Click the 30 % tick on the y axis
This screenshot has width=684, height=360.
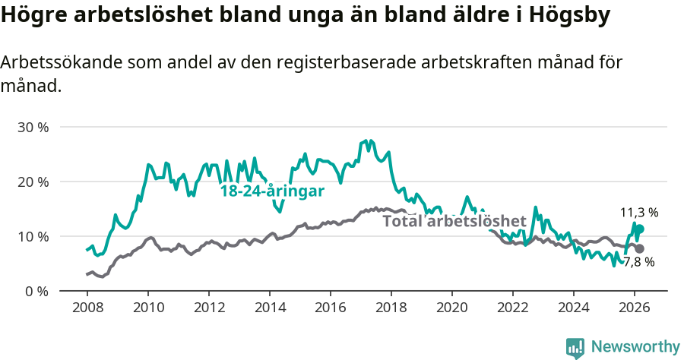[x=33, y=127]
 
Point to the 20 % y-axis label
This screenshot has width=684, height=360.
[x=33, y=182]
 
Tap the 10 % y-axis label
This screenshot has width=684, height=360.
[x=33, y=236]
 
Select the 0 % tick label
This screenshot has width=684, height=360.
[x=36, y=291]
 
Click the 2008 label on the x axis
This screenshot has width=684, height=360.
[x=87, y=307]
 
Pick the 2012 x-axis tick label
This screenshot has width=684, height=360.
[x=208, y=307]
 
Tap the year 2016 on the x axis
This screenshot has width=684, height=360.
[x=330, y=307]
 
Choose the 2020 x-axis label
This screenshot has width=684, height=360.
[x=451, y=307]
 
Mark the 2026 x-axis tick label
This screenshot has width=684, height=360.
[x=634, y=307]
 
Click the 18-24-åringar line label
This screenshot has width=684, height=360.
[x=272, y=191]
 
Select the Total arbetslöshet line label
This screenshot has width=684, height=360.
[x=454, y=221]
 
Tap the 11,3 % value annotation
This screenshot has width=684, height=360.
[x=639, y=213]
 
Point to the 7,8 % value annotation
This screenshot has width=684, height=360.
[x=638, y=262]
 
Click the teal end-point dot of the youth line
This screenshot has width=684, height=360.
[x=639, y=229]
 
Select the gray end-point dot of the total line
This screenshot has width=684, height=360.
[x=639, y=248]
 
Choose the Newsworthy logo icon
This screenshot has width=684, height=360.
[x=575, y=348]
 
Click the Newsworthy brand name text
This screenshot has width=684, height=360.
[x=635, y=347]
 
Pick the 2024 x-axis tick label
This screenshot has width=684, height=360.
[x=573, y=307]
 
